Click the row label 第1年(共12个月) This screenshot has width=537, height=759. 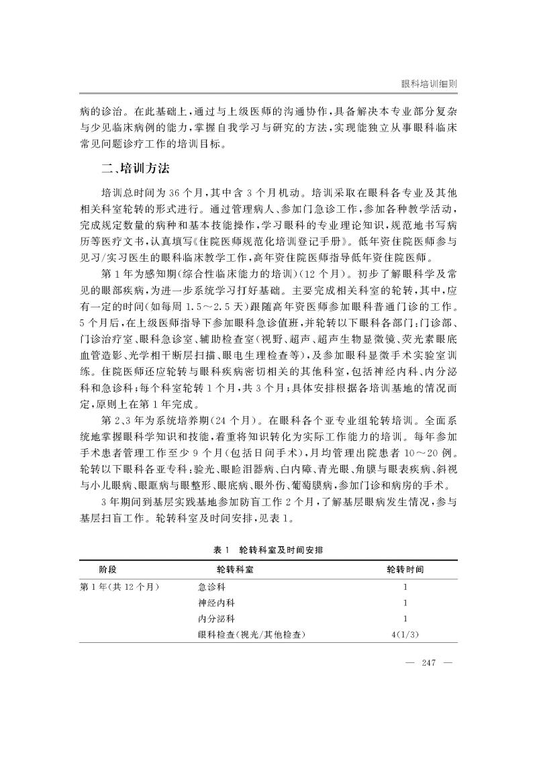point(119,586)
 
